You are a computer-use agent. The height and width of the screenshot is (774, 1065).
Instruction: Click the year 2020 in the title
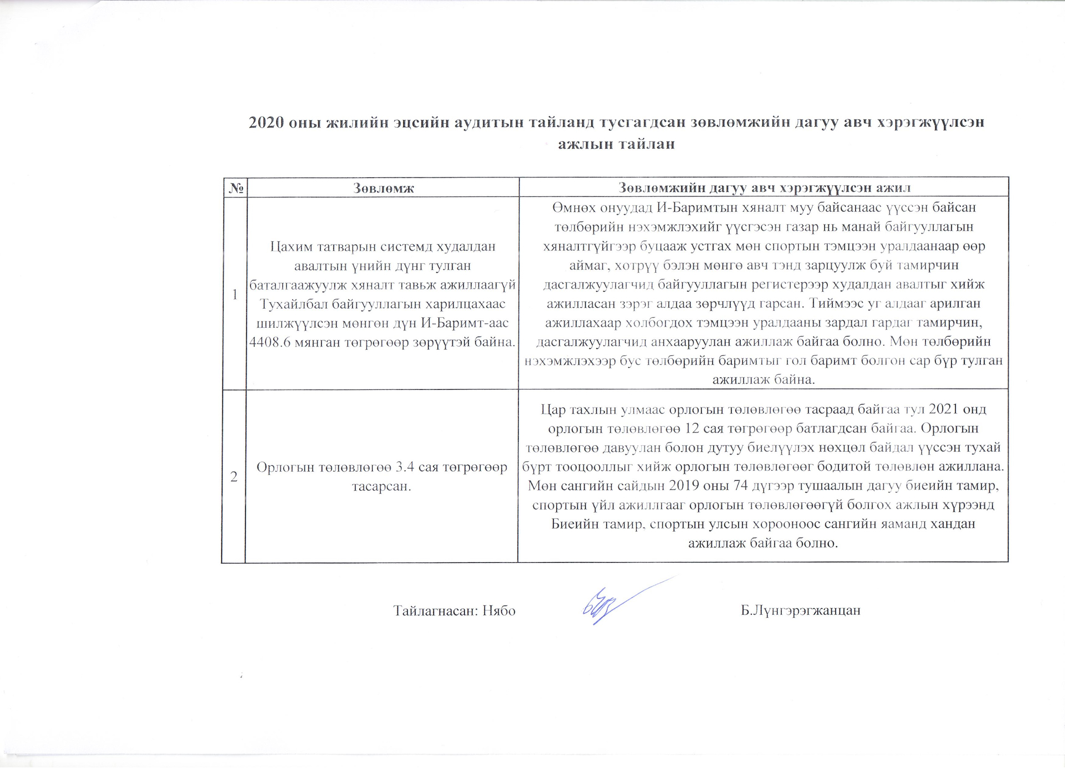(266, 123)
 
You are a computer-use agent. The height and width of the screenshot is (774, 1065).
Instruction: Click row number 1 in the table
(235, 294)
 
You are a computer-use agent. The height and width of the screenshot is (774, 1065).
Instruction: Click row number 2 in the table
(234, 477)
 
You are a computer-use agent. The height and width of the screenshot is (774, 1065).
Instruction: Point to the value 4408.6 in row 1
(269, 342)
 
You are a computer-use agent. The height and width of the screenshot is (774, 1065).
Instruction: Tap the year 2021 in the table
(944, 410)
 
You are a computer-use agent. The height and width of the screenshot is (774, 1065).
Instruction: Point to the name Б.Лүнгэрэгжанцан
(800, 611)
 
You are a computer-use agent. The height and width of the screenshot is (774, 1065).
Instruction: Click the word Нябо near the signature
(499, 611)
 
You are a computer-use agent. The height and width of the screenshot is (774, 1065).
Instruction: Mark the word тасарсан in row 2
(381, 487)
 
